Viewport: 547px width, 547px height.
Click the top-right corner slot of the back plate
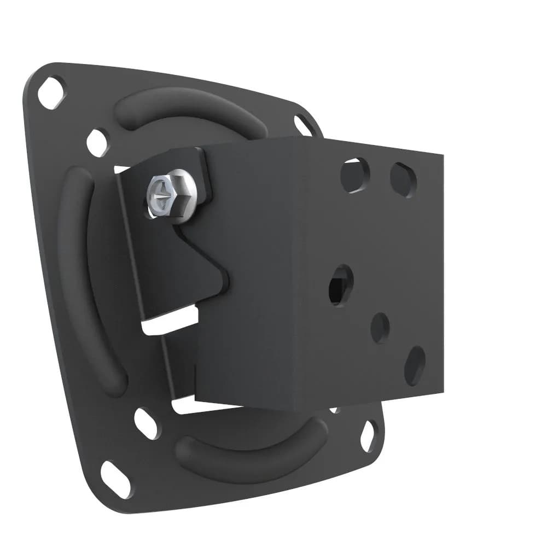coord(303,125)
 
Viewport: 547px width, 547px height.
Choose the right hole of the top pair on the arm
coord(403,179)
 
